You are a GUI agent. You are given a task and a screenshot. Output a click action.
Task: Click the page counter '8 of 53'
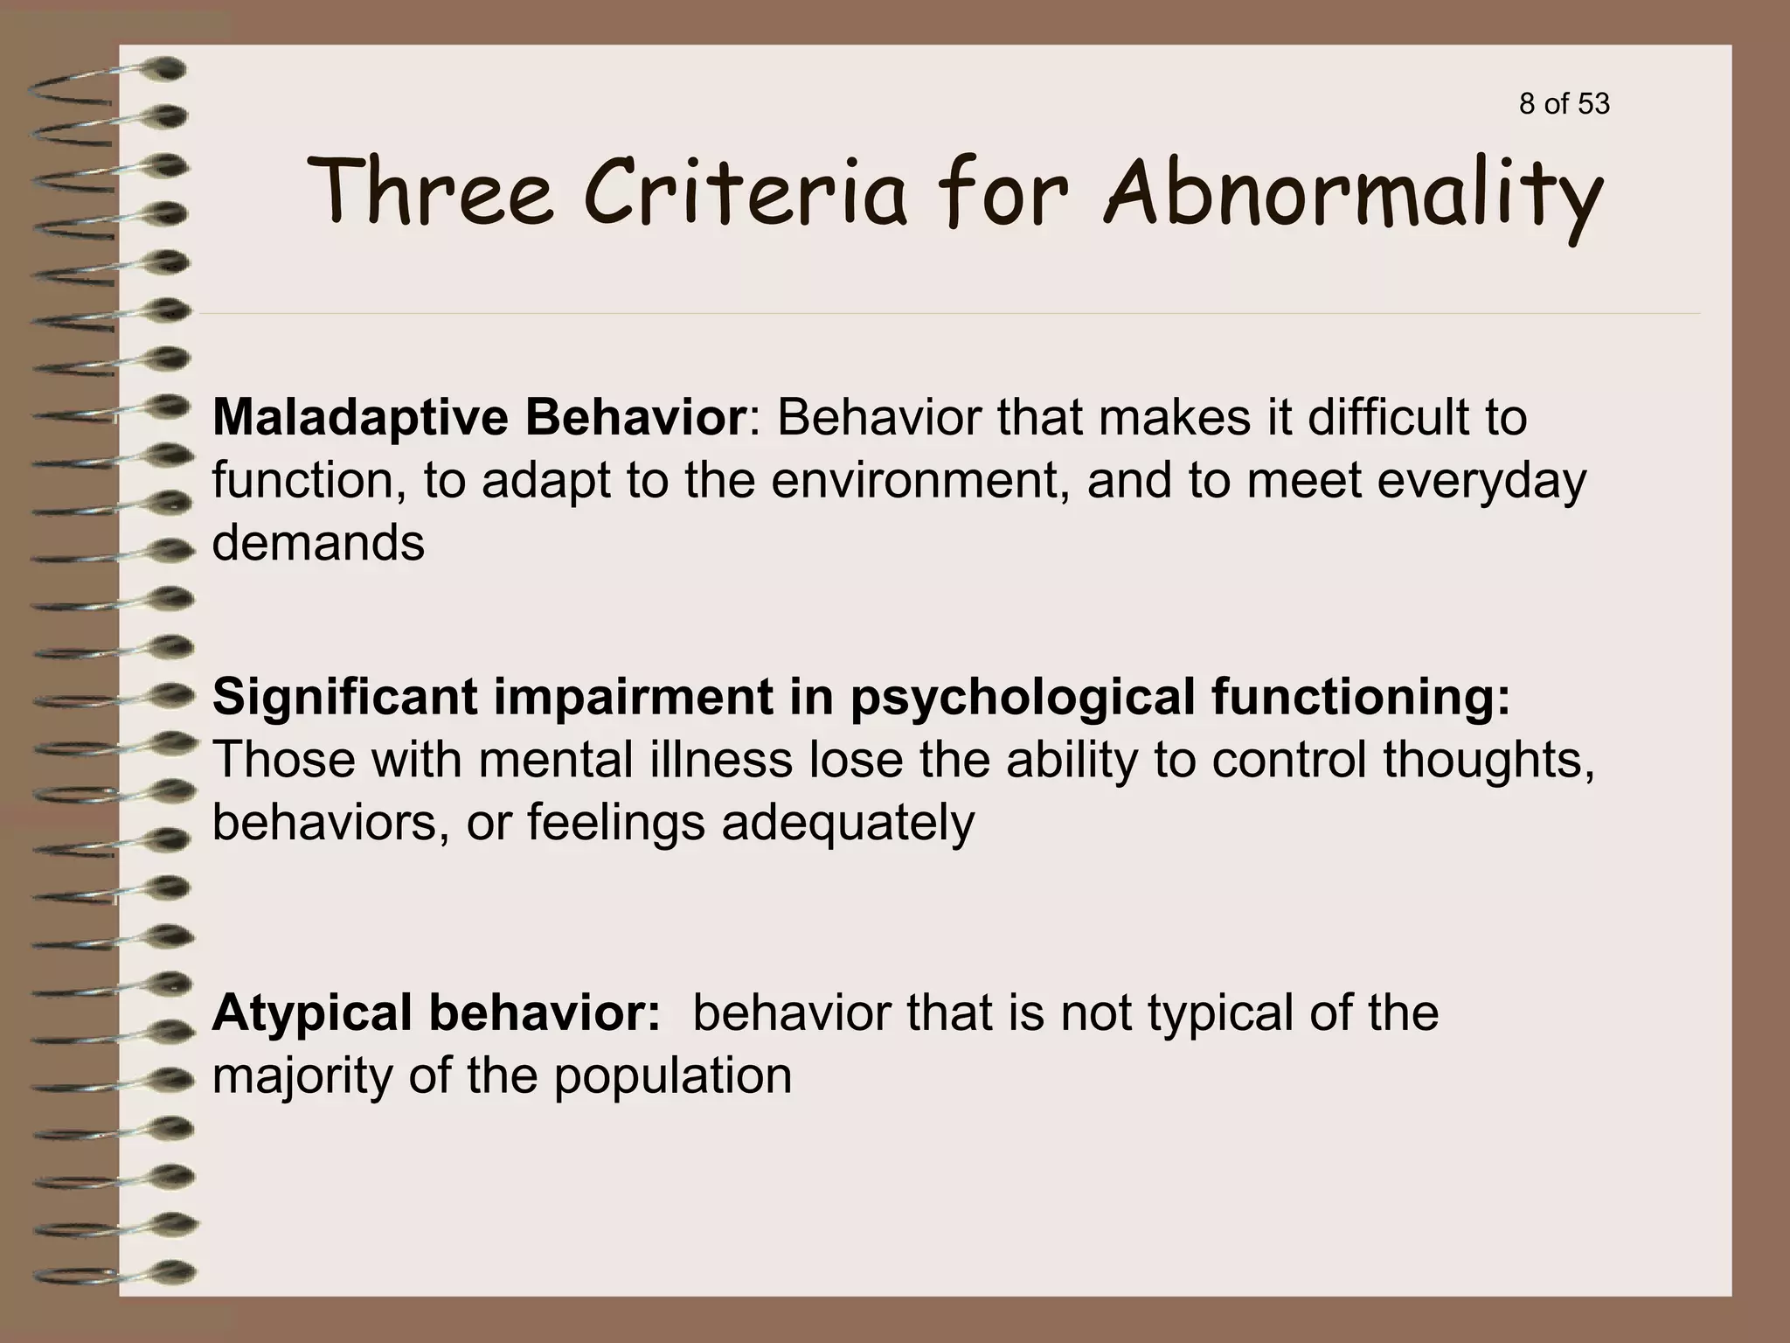pos(1564,104)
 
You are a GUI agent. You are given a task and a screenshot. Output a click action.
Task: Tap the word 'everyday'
pos(1481,483)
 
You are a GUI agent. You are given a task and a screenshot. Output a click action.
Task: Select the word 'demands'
pos(318,543)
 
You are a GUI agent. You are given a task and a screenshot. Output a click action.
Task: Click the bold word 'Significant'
pos(344,698)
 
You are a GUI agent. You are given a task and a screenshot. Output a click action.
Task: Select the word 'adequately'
pos(847,824)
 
